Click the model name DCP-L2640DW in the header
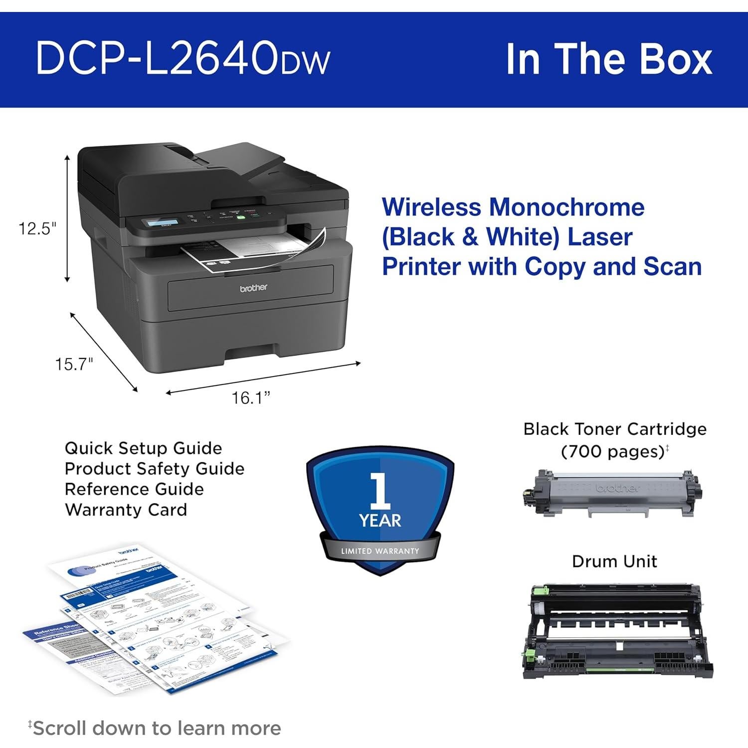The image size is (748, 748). (x=183, y=59)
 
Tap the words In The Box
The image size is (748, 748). (x=609, y=59)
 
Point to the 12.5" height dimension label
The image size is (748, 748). (x=37, y=229)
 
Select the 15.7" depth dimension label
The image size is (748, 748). (x=74, y=364)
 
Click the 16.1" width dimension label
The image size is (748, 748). (x=250, y=397)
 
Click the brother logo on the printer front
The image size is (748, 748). (x=253, y=288)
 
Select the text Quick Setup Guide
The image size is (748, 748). (x=143, y=448)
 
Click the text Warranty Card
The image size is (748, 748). (x=126, y=510)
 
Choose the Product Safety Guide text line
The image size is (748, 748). (x=155, y=469)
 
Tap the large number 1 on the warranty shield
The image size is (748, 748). (x=380, y=491)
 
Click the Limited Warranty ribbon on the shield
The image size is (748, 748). (x=380, y=551)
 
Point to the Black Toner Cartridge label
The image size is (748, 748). (x=614, y=429)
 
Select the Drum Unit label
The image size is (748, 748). (x=614, y=561)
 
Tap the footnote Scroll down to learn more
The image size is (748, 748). (x=156, y=728)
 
